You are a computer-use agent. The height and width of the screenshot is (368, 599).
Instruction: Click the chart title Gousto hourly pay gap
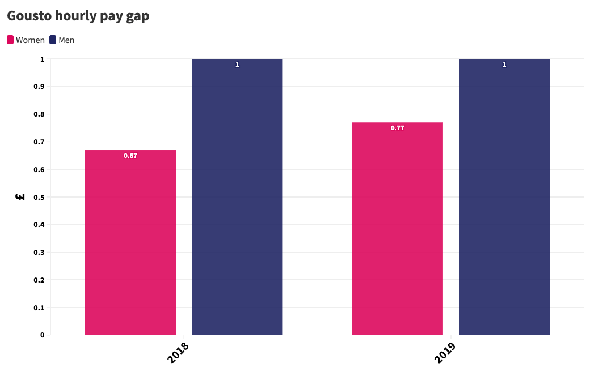78,16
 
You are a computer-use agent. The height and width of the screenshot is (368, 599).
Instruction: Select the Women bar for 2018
130,242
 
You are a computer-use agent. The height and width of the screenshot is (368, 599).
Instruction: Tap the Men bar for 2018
237,197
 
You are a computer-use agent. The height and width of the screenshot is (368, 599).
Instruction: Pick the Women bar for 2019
397,229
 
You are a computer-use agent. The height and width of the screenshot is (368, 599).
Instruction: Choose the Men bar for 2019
504,197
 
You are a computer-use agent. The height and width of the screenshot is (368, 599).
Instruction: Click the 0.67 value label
130,156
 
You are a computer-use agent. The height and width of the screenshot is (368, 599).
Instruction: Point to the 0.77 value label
397,128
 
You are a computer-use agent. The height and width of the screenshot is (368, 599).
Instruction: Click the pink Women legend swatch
10,40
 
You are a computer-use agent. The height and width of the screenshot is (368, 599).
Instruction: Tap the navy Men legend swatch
53,40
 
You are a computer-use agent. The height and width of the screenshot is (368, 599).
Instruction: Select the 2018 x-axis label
178,352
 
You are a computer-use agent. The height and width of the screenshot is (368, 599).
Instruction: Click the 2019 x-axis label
445,352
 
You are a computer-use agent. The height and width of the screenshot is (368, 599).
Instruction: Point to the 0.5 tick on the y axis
39,197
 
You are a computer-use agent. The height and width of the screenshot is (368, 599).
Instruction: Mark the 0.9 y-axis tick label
39,87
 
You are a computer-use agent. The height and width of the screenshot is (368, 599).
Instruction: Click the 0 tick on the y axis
43,335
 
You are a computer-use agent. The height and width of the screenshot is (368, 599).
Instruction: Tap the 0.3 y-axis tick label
39,253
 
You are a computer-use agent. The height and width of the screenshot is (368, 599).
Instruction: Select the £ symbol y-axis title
20,197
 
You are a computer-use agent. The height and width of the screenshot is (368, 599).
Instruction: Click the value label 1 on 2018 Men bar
237,65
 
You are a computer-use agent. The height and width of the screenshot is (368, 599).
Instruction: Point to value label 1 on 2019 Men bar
504,65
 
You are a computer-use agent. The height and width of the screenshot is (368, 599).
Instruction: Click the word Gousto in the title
29,16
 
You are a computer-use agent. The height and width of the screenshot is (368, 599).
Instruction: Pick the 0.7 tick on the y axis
39,142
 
